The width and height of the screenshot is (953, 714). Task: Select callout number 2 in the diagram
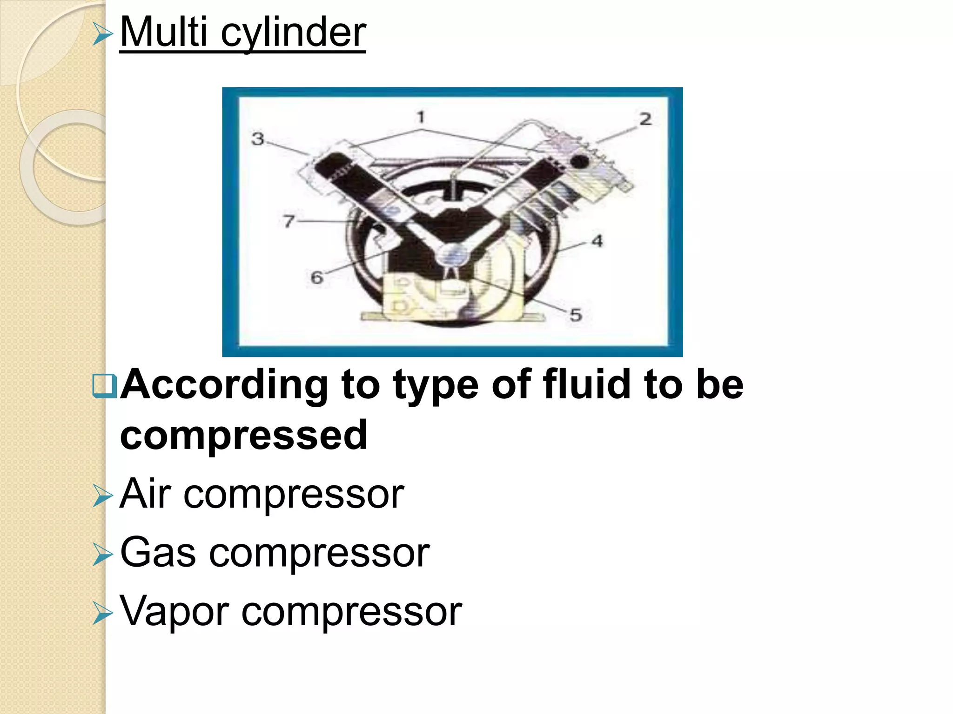(645, 119)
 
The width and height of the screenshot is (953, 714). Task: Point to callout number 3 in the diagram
(258, 139)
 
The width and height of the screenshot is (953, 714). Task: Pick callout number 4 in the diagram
(597, 241)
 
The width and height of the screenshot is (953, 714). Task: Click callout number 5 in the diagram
(576, 315)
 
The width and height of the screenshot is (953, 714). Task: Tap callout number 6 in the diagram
(317, 278)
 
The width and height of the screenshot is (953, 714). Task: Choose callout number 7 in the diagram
(289, 221)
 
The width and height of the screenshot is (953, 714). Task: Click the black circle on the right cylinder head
(579, 162)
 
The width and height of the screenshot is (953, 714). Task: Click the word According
(224, 385)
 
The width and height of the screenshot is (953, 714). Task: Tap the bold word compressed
(244, 435)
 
